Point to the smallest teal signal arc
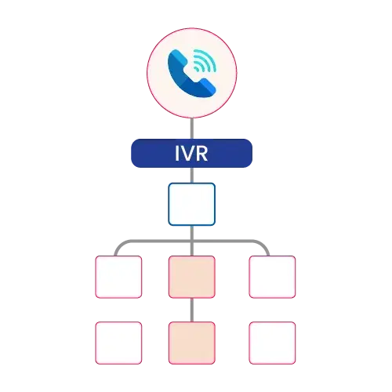[x=197, y=68]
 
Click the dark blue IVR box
[x=191, y=153]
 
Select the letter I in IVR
[x=177, y=154]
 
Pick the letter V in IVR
[x=187, y=154]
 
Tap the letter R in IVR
[x=201, y=154]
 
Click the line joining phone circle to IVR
[x=192, y=129]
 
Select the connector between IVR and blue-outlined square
[x=192, y=175]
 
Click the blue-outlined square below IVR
[x=192, y=204]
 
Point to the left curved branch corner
[x=119, y=245]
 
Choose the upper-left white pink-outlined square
[x=118, y=277]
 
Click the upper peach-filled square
[x=192, y=277]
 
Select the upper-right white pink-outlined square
[x=272, y=277]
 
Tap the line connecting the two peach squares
[x=192, y=310]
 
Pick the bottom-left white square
[x=118, y=343]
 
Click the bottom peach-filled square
[x=192, y=343]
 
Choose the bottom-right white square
[x=272, y=343]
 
